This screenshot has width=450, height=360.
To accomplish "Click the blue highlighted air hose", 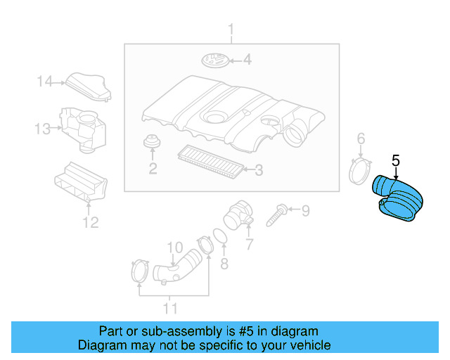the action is coord(397,199).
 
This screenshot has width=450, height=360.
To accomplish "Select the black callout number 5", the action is coord(395,160).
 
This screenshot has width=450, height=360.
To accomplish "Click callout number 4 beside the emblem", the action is coord(247,60).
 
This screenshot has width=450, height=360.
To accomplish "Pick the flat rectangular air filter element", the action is coord(211,161).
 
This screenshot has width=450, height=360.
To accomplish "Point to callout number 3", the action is coord(259,170).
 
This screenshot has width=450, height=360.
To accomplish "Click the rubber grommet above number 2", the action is coord(152,141).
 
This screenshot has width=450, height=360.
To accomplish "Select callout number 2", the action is coord(153,169).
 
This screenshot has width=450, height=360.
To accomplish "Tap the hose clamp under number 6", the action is coord(359,172).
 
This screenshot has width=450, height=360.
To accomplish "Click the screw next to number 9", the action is coord(276,215).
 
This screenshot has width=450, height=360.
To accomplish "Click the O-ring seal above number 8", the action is coord(220,236).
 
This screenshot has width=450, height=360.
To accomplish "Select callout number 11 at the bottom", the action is coord(170,309).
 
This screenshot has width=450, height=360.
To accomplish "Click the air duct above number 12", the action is coord(81,183).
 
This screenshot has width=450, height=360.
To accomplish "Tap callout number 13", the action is coord(42,129).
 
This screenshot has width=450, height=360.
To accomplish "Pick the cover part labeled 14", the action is coord(89,86).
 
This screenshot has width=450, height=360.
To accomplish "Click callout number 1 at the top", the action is coord(231,30).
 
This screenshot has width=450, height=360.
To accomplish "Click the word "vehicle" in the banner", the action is coord(309,345).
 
